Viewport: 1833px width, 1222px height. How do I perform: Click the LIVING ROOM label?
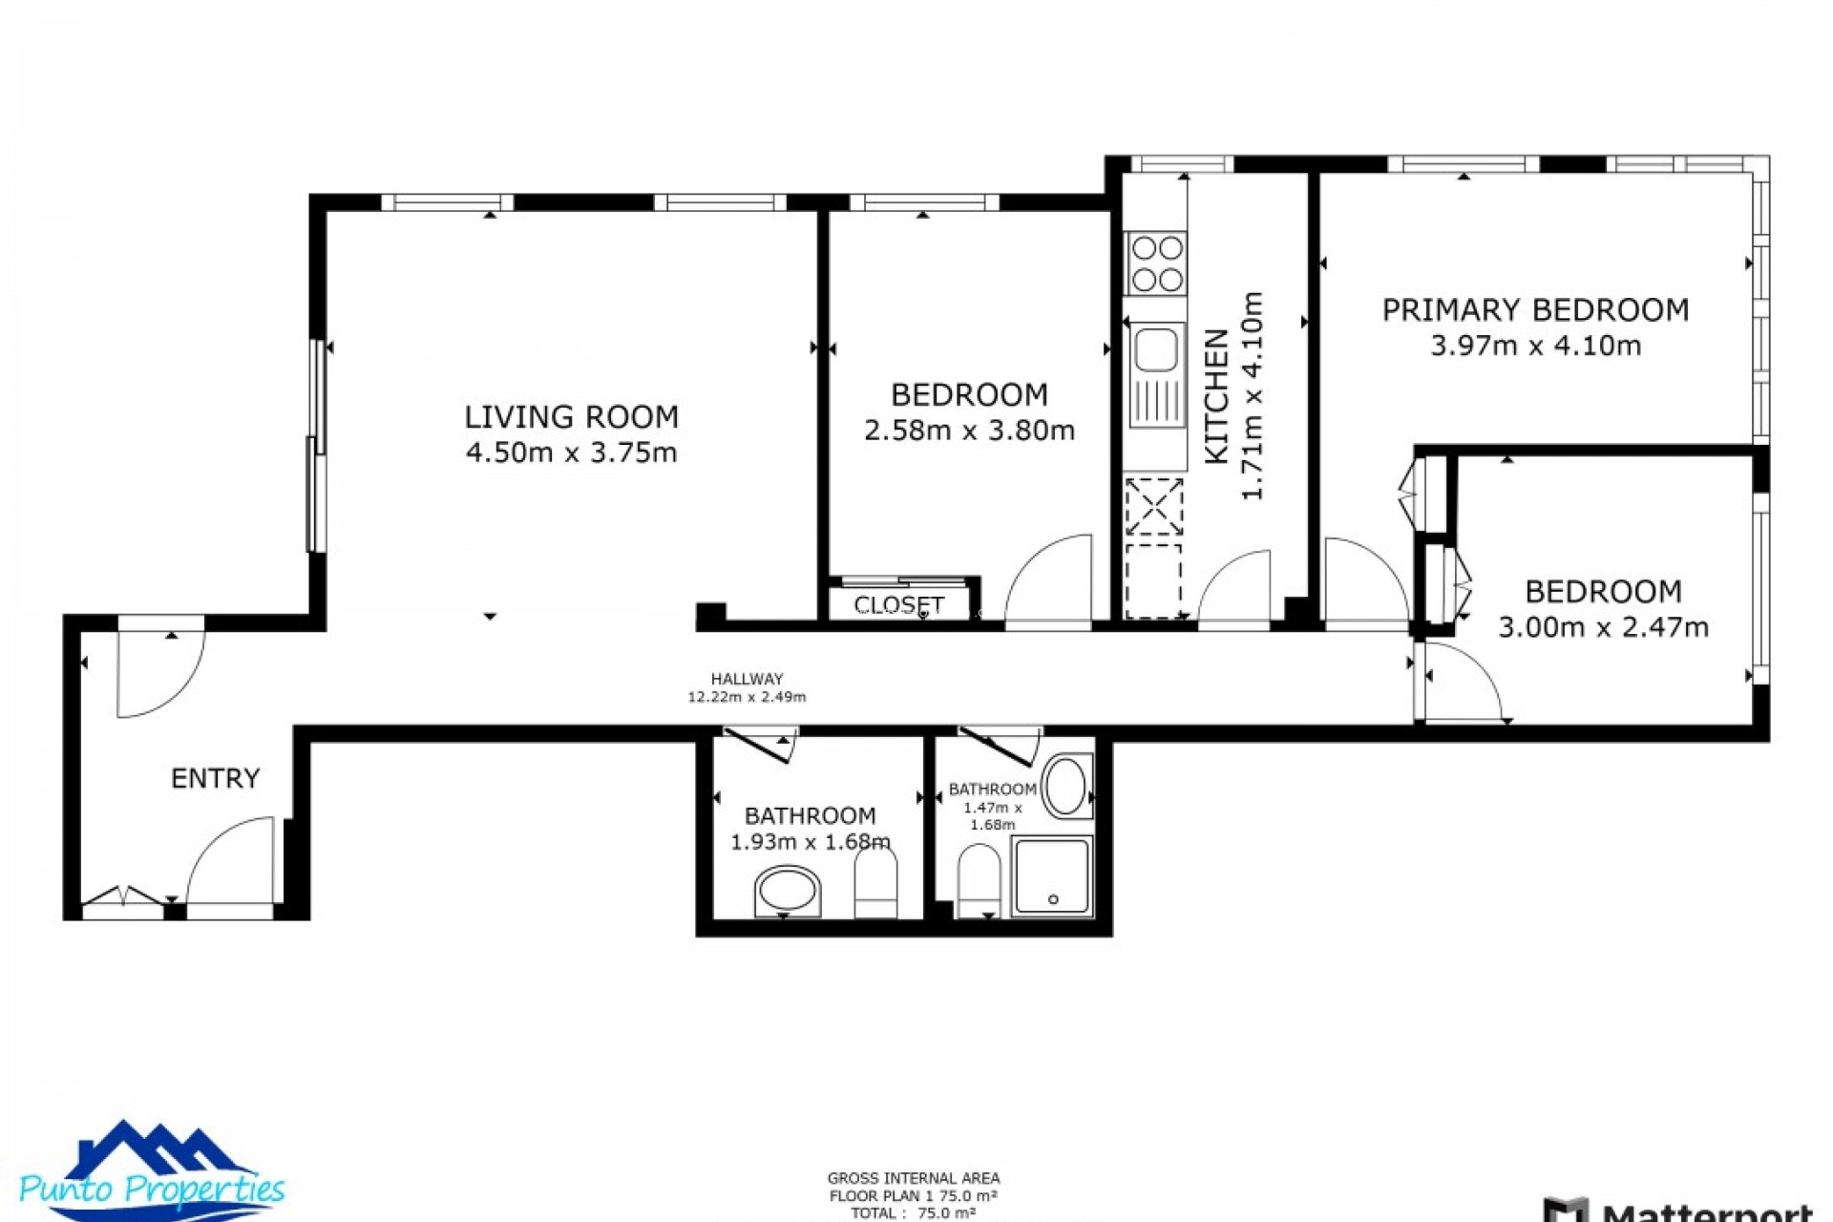pyautogui.click(x=571, y=417)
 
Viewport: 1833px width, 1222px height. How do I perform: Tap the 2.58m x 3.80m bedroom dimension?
pyautogui.click(x=969, y=431)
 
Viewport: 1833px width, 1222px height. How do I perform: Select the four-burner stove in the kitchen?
pyautogui.click(x=1156, y=263)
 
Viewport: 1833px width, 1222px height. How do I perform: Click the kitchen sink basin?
pyautogui.click(x=1155, y=349)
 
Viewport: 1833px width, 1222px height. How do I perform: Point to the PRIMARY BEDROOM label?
pyautogui.click(x=1535, y=310)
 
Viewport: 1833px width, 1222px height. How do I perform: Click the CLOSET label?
pyautogui.click(x=898, y=605)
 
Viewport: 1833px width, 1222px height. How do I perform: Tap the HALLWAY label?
pyautogui.click(x=747, y=679)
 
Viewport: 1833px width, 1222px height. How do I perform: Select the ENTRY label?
pyautogui.click(x=215, y=779)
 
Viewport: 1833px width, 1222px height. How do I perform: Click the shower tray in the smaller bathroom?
pyautogui.click(x=1052, y=876)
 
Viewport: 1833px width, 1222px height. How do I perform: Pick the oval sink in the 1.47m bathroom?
pyautogui.click(x=1066, y=788)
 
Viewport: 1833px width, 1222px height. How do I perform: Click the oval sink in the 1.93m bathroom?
pyautogui.click(x=788, y=892)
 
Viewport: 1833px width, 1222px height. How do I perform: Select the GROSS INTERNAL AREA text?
pyautogui.click(x=914, y=1179)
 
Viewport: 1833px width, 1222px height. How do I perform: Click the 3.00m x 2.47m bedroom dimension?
pyautogui.click(x=1603, y=627)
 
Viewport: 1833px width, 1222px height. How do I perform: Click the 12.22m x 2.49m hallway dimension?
pyautogui.click(x=747, y=697)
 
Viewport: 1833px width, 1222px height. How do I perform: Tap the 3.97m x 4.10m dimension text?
pyautogui.click(x=1535, y=346)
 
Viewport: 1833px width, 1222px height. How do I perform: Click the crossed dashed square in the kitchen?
pyautogui.click(x=1154, y=507)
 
